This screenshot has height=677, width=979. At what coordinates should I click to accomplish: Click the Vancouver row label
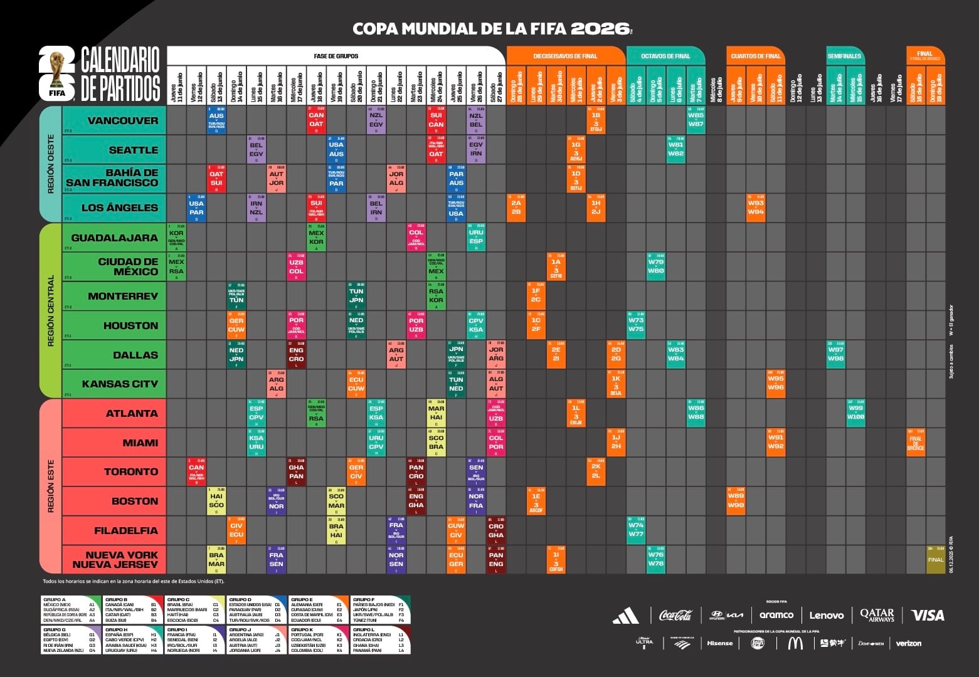click(x=122, y=120)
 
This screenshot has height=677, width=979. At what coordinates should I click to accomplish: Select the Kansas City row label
click(x=119, y=384)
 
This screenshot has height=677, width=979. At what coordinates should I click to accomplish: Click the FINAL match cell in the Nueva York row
click(x=935, y=559)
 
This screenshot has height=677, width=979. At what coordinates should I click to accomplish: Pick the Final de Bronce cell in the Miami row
click(x=915, y=442)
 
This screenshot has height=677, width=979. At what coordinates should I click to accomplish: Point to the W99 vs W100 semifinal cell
click(x=855, y=412)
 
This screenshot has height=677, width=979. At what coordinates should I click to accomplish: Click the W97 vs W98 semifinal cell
click(x=835, y=354)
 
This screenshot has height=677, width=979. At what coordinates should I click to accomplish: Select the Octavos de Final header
click(x=665, y=56)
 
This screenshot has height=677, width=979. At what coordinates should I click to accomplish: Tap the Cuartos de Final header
click(x=755, y=56)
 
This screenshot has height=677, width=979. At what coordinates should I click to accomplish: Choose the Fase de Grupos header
click(x=336, y=56)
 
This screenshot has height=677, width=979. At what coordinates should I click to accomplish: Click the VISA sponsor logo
click(x=927, y=616)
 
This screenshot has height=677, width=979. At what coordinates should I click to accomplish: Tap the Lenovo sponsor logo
click(x=826, y=616)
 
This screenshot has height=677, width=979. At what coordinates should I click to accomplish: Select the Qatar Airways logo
click(x=877, y=616)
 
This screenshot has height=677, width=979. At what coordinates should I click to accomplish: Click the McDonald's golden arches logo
click(x=795, y=643)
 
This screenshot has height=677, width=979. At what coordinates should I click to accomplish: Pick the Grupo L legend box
click(x=380, y=639)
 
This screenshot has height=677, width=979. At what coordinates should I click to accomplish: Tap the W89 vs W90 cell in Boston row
click(x=736, y=501)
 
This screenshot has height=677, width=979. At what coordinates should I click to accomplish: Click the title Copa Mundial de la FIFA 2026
click(x=492, y=28)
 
